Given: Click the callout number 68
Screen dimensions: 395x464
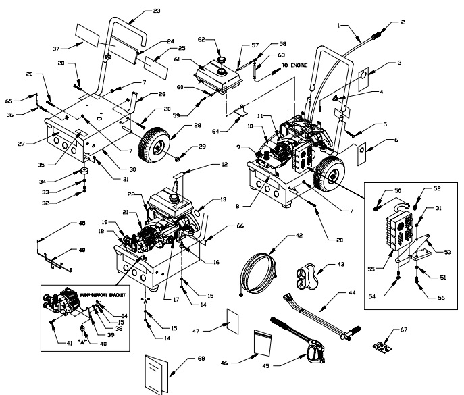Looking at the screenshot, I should (201, 357).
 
